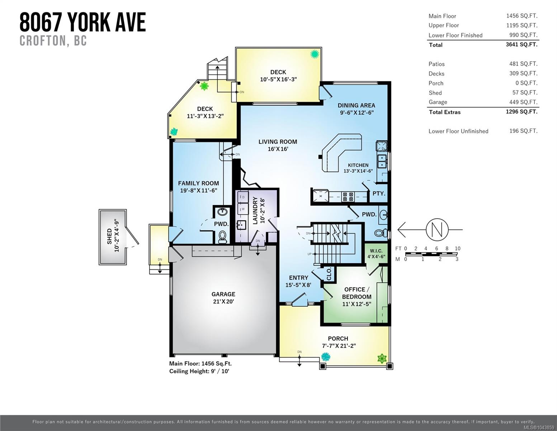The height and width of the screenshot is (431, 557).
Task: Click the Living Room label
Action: tap(278, 145)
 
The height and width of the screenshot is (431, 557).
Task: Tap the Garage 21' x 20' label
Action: tap(223, 297)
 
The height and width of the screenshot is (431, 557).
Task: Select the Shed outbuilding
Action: tap(113, 237)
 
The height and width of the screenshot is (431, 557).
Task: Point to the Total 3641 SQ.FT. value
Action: tap(521, 45)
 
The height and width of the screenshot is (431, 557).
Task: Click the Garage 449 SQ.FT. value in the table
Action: tap(523, 102)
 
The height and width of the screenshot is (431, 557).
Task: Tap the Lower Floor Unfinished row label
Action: tap(458, 131)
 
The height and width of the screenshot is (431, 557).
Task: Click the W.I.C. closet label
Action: tap(376, 251)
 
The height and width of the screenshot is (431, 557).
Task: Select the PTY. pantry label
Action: tap(379, 194)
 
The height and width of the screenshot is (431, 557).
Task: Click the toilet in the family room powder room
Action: tap(222, 237)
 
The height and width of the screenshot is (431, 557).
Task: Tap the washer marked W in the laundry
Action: tap(242, 209)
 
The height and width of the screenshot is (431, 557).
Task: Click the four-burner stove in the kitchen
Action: tap(348, 197)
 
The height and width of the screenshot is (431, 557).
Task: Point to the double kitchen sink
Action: tap(382, 161)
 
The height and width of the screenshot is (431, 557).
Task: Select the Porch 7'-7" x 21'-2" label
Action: tap(339, 342)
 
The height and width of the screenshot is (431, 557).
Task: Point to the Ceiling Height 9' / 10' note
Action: tap(199, 371)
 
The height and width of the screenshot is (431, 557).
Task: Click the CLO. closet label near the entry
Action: tap(329, 274)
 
